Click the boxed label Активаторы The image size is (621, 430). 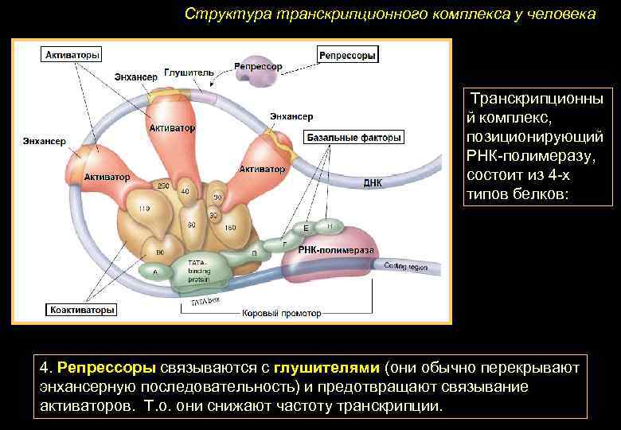click(72, 56)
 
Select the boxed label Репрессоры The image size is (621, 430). click(347, 55)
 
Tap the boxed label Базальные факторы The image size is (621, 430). click(353, 138)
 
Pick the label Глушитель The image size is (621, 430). click(189, 72)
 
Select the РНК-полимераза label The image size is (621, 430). click(336, 250)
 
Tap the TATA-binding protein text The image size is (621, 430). click(198, 271)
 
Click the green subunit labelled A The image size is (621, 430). click(154, 272)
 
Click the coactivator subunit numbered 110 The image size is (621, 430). click(143, 209)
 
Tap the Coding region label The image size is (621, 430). click(406, 266)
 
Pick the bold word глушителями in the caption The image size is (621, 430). click(326, 369)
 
